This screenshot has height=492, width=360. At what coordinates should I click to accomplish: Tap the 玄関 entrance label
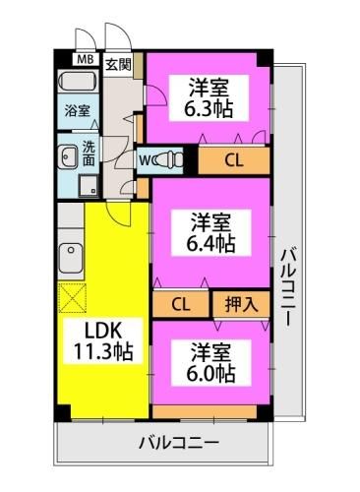(118, 66)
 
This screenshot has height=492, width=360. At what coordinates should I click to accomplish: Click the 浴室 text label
(76, 110)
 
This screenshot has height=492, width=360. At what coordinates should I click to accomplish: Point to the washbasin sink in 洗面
(69, 154)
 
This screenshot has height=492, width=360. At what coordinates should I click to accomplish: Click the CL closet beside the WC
(234, 158)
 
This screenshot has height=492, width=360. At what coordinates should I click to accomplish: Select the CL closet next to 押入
(181, 305)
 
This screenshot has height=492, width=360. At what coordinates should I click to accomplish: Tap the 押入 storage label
(240, 305)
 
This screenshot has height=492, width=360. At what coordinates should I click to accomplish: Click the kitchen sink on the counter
(70, 260)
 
